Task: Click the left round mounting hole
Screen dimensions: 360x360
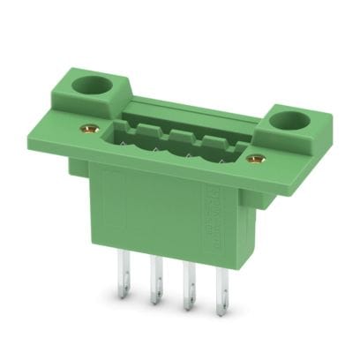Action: pos(92,86)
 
